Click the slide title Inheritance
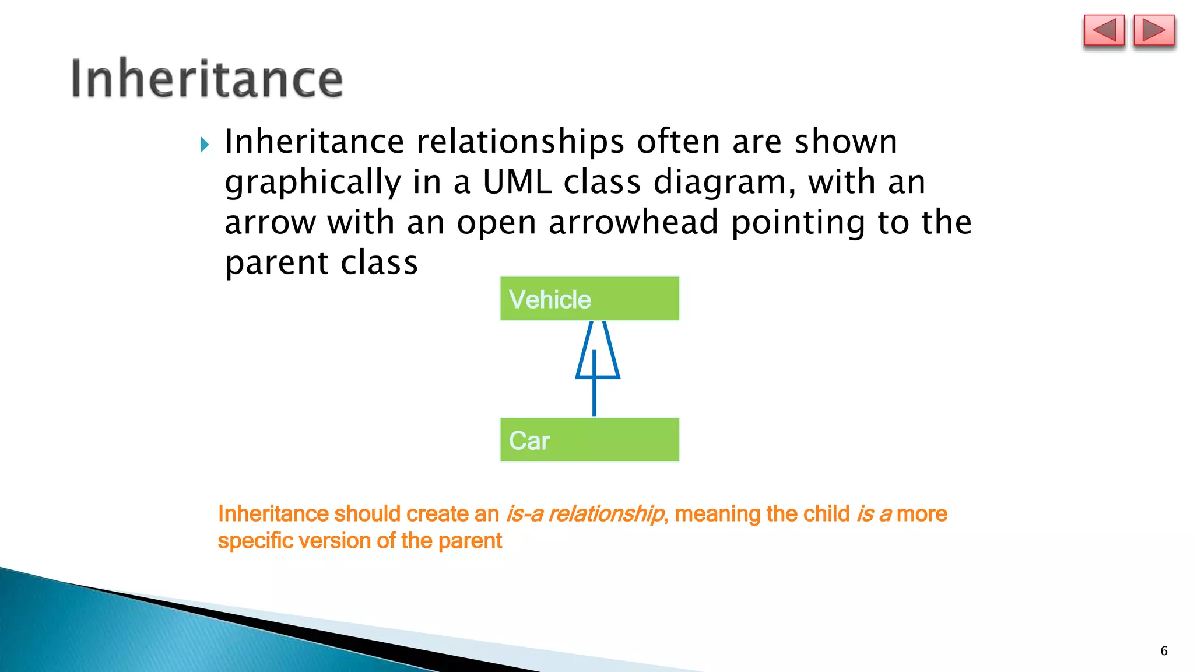pyautogui.click(x=207, y=79)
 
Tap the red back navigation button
pyautogui.click(x=1104, y=31)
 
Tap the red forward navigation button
pyautogui.click(x=1154, y=31)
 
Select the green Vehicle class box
pyautogui.click(x=589, y=299)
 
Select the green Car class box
pyautogui.click(x=589, y=440)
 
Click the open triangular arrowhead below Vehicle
pyautogui.click(x=598, y=353)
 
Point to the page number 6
pyautogui.click(x=1164, y=651)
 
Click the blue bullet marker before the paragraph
pyautogui.click(x=205, y=144)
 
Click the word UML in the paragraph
pyautogui.click(x=517, y=182)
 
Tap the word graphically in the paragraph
pyautogui.click(x=313, y=183)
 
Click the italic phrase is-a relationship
pyautogui.click(x=585, y=514)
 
